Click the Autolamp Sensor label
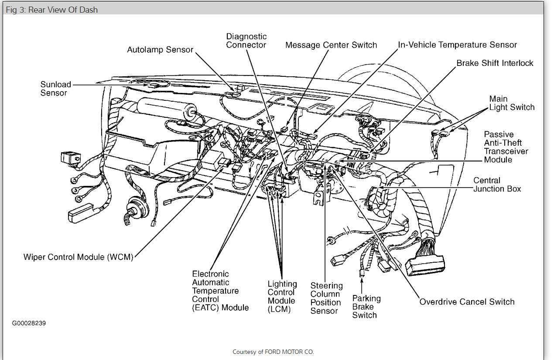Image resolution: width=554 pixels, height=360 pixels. point(160,50)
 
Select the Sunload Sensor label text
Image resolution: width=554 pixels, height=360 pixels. point(55,89)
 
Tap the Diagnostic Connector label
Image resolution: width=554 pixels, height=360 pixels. point(246,41)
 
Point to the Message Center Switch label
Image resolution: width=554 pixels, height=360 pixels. point(331,45)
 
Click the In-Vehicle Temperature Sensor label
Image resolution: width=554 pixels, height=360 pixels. point(457,45)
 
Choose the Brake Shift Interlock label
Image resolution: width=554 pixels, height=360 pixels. point(495,63)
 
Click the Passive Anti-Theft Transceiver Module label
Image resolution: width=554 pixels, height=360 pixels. point(506,147)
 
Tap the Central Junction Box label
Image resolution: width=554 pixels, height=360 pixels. point(497,185)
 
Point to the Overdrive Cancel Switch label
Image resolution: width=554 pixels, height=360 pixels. point(467,302)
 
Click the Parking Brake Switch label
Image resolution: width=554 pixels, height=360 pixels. point(366,307)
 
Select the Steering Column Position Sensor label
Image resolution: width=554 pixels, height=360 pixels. point(326,298)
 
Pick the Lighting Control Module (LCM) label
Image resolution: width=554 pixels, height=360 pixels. point(282,297)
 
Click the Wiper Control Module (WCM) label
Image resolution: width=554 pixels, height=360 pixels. point(78,257)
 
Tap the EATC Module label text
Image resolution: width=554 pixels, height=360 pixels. point(220,291)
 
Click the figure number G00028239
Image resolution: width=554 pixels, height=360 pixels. point(29,323)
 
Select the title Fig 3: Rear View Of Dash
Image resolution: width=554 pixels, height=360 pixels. point(51,10)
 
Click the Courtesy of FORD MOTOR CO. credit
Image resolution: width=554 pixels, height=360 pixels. point(273,352)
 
